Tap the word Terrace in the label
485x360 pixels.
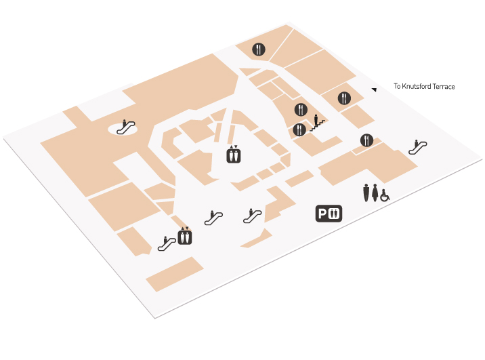(444, 87)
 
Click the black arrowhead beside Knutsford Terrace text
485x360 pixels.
(375, 89)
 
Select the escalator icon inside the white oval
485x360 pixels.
(125, 127)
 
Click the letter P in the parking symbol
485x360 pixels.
(322, 214)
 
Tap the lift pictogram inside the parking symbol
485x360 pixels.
(334, 214)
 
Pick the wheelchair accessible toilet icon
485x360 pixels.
(385, 196)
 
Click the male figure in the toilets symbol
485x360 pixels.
(366, 193)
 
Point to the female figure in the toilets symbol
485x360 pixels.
(375, 193)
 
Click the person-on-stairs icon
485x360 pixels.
(318, 123)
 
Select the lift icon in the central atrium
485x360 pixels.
(234, 154)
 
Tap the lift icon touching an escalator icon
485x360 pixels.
(185, 236)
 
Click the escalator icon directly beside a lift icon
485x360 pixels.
(167, 243)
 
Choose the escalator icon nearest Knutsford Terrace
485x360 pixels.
(417, 146)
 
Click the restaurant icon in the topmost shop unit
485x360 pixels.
(259, 49)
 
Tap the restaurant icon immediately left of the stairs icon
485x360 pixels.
(299, 129)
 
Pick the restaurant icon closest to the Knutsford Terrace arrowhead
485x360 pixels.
(344, 98)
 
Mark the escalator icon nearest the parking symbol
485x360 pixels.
(253, 216)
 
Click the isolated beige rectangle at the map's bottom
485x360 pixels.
(175, 275)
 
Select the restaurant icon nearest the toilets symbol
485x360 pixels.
(366, 140)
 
